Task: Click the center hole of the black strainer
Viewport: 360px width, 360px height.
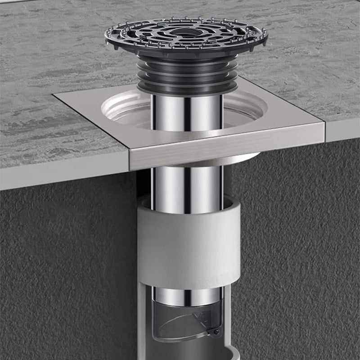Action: point(186,32)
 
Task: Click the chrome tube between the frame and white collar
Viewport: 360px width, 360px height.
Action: point(187,184)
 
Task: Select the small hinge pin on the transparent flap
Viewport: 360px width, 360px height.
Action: point(216,332)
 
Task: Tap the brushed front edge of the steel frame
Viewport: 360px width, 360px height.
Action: point(225,147)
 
